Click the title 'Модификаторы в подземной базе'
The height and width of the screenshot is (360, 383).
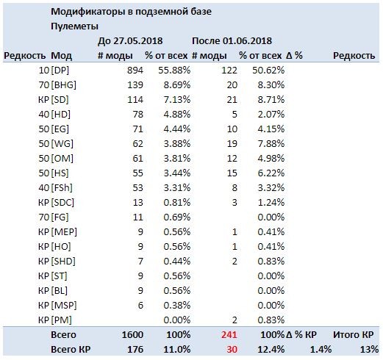click(131, 12)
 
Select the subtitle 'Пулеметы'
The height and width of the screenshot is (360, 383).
click(74, 26)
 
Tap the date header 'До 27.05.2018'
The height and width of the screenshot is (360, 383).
click(130, 41)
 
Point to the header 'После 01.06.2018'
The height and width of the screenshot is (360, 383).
click(232, 41)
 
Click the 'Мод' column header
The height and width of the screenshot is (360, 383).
click(62, 56)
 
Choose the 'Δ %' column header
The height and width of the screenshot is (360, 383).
click(294, 56)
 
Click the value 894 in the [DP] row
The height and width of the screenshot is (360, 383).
click(135, 71)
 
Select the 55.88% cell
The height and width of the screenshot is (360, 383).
click(174, 71)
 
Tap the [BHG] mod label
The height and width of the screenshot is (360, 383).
click(64, 85)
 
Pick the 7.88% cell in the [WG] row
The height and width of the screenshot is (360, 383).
click(271, 144)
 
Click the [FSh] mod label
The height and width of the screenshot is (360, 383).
click(62, 188)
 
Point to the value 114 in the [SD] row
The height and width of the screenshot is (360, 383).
click(135, 100)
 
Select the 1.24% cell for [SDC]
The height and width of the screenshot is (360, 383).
click(271, 203)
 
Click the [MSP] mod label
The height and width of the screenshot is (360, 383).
click(64, 306)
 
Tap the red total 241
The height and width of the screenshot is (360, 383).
click(229, 335)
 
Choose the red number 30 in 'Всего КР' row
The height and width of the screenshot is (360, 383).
click(232, 350)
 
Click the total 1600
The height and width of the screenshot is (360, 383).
click(132, 335)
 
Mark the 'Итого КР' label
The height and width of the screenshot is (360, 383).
click(354, 335)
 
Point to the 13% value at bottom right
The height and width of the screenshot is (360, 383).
click(369, 350)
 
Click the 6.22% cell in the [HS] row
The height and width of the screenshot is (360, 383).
click(271, 173)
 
